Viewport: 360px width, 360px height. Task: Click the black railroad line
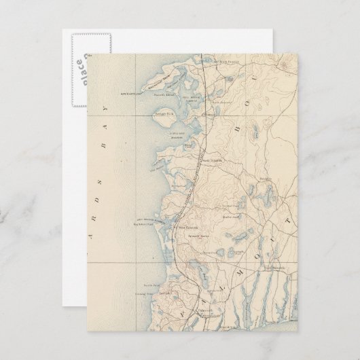click(185, 204)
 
